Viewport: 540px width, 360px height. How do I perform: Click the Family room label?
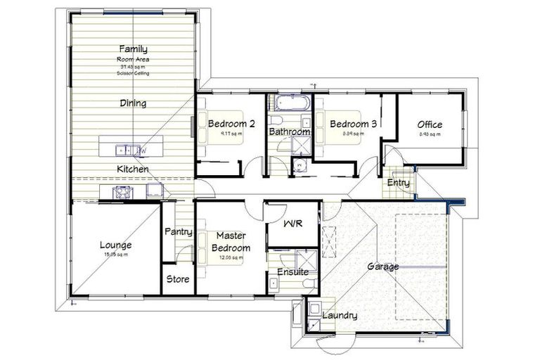tap(133, 49)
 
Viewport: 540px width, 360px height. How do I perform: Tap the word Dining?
tap(133, 103)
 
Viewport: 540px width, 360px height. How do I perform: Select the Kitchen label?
tap(132, 169)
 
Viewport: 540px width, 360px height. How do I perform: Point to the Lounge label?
tap(116, 245)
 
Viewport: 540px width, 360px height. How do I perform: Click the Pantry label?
tap(178, 231)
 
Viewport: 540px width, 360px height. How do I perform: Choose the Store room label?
tap(178, 279)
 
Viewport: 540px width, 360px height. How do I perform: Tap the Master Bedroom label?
tap(231, 242)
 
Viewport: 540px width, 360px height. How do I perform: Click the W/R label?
tap(292, 224)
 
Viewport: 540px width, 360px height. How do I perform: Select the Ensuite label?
tap(290, 271)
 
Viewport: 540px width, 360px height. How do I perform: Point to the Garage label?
tap(382, 266)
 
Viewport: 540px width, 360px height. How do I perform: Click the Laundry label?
tap(340, 316)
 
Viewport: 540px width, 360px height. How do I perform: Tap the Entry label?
tap(398, 183)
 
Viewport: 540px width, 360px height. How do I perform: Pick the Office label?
tap(430, 124)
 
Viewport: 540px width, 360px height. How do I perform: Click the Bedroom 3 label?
tap(354, 124)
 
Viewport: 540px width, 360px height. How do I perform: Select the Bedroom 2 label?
tap(231, 124)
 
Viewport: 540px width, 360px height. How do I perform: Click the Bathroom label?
tap(289, 131)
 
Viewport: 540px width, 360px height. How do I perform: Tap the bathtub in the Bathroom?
tap(289, 103)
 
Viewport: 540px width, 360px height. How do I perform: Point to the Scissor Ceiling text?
tap(133, 73)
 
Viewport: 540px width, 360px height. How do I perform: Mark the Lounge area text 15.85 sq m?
tap(116, 255)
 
